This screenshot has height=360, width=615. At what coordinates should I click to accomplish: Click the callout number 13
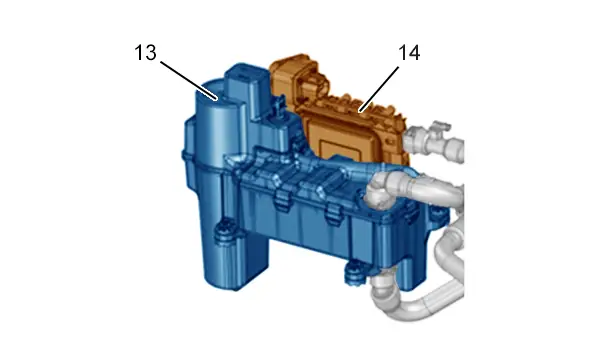tap(146, 53)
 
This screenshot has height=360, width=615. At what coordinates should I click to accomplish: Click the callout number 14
tap(409, 53)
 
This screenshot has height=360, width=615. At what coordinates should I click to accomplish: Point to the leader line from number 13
tap(189, 81)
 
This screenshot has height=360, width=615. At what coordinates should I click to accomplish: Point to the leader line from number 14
tap(379, 89)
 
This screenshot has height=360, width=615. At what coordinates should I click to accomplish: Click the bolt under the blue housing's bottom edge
tap(355, 272)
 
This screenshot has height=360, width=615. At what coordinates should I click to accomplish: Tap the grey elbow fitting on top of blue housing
tap(378, 191)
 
